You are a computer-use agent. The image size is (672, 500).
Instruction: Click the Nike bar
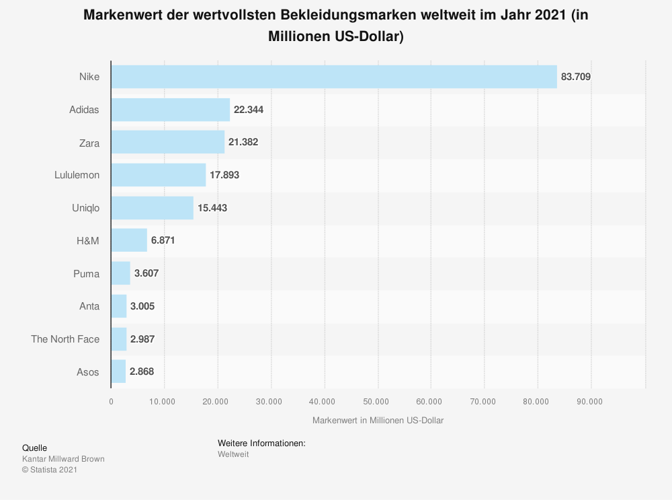coord(334,77)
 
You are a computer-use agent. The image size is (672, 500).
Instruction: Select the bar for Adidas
coord(171,109)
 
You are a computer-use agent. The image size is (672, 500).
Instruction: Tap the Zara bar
coord(167,142)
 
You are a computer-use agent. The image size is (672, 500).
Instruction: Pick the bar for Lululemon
coord(159,175)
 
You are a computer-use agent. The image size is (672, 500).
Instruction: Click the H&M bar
coord(129,240)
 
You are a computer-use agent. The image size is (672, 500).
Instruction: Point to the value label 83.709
coord(576,77)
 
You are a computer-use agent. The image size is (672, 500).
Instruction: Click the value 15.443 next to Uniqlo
coord(212,208)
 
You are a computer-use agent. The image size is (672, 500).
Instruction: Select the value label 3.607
coord(146,274)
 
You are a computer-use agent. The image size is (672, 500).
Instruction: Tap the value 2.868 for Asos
coord(142,372)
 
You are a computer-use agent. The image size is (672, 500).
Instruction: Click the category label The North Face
coord(65,339)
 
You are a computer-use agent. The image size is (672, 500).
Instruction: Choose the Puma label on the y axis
coord(87,274)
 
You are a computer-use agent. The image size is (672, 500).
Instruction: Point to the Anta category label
coord(89,306)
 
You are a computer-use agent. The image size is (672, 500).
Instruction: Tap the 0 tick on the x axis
coord(112,402)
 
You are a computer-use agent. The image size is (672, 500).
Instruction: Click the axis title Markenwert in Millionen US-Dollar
coord(378,421)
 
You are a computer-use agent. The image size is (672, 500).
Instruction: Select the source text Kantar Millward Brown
coord(63,459)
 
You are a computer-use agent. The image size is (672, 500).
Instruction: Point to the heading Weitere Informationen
coord(261,443)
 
